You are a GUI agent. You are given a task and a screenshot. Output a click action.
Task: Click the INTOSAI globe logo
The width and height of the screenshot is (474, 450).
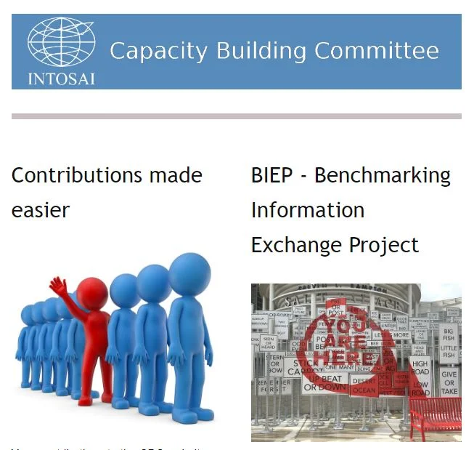(61, 43)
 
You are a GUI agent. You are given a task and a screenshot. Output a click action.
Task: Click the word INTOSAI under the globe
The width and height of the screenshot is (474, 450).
(61, 78)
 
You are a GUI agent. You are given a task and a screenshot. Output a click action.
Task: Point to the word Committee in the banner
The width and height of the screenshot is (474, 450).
(377, 51)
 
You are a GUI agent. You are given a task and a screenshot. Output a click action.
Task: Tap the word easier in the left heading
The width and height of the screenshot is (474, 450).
(41, 210)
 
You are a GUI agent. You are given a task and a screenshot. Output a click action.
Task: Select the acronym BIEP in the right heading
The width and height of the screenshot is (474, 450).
(274, 175)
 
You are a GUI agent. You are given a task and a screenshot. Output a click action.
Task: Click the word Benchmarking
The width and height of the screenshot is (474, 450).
(383, 175)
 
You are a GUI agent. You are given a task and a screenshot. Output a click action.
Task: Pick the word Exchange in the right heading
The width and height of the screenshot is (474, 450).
(298, 245)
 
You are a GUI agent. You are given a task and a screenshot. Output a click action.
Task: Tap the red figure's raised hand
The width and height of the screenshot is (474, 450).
(58, 286)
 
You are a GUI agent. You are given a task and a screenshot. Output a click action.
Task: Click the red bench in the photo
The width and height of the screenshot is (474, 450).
(435, 414)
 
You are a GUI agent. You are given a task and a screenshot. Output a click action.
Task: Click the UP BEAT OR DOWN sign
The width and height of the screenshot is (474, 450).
(324, 382)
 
